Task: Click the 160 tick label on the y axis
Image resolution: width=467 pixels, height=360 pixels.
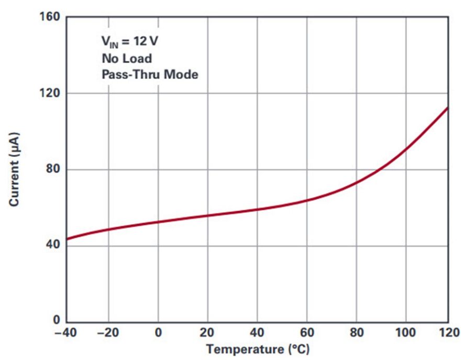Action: [50, 17]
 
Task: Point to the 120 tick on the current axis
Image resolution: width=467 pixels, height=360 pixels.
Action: [50, 93]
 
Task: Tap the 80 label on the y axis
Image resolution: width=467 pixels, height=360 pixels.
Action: [53, 169]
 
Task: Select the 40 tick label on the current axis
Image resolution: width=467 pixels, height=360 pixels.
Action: [53, 245]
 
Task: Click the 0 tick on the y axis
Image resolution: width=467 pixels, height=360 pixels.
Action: [57, 320]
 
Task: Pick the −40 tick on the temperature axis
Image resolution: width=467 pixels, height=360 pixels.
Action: [65, 332]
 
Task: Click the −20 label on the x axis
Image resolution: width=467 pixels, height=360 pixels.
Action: [108, 332]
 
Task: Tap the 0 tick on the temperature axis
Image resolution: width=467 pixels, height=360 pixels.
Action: [158, 332]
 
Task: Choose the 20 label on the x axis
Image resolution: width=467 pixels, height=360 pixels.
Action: [207, 332]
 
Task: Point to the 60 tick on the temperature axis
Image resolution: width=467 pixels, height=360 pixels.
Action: [307, 332]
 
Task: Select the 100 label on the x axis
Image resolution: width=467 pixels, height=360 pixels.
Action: [405, 332]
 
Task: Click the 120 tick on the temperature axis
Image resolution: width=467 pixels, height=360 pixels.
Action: [449, 332]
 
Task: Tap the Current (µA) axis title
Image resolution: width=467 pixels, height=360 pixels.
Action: [14, 169]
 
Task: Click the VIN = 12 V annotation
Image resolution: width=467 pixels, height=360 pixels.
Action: [129, 41]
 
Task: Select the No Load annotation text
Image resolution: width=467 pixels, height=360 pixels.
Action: [127, 58]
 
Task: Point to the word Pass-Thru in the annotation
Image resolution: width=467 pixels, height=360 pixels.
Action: [130, 74]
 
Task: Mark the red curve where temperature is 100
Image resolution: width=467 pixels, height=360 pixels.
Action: [406, 148]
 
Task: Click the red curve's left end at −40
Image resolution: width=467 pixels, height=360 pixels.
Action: [66, 239]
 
